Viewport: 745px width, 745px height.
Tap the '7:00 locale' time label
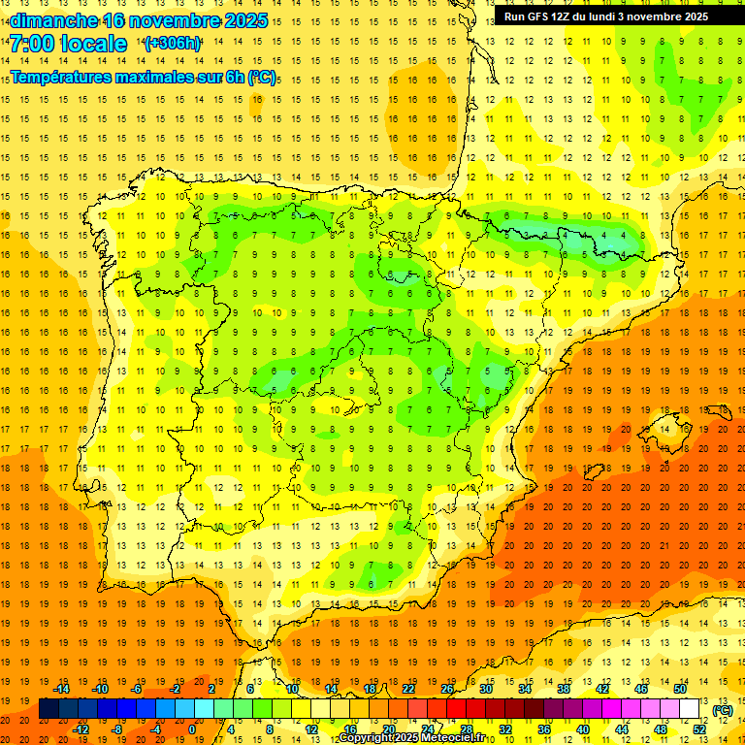68,44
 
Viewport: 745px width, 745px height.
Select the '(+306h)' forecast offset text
173,44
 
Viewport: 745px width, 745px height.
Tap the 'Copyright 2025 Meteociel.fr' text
411,738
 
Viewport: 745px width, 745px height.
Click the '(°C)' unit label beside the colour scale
723,710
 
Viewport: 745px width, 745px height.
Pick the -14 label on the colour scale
62,689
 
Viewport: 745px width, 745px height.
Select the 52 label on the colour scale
699,729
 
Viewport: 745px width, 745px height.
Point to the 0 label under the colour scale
192,729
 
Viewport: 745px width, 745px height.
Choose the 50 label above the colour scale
679,689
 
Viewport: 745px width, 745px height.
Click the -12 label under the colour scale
81,729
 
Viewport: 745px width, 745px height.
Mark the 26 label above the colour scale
447,689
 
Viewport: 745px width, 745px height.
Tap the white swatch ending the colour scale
690,709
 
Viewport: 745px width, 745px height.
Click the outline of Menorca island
719,405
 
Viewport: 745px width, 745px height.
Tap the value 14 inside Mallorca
664,430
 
